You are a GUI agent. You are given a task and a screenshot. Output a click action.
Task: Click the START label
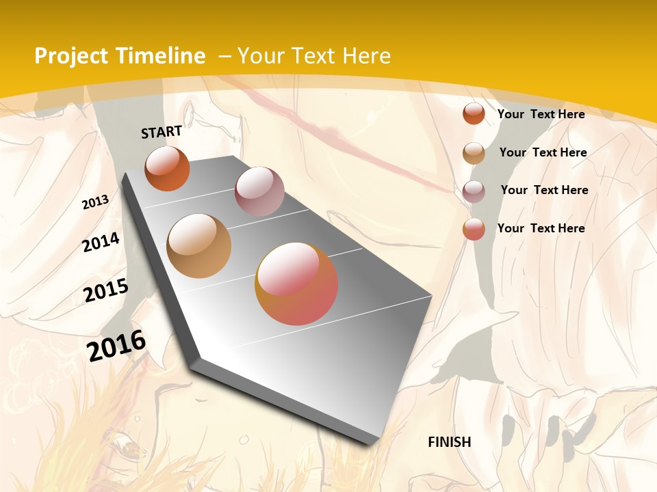162,131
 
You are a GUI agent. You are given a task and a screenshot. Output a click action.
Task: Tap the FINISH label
450,442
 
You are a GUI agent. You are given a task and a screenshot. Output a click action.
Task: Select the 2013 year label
96,202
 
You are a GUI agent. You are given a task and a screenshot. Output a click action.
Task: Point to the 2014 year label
101,242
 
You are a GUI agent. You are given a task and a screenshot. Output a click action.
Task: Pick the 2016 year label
116,345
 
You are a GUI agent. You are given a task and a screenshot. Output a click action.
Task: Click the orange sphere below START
167,169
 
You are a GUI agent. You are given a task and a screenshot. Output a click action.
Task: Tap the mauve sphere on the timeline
259,191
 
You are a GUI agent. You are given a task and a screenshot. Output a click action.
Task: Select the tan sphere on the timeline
199,246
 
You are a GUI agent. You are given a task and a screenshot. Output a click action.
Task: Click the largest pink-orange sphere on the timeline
296,284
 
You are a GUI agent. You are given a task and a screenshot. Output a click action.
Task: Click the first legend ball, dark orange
474,113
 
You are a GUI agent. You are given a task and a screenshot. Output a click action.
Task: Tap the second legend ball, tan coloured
474,153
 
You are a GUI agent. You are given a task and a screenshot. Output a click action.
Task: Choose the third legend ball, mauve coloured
474,191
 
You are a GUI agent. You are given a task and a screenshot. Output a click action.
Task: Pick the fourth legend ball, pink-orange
474,229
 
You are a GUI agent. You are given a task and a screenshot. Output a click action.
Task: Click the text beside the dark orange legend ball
541,114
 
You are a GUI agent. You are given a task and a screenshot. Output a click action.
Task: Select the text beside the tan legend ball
543,152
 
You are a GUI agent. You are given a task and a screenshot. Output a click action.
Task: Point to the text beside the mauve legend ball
544,190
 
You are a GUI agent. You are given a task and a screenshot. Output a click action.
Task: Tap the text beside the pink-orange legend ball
541,228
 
